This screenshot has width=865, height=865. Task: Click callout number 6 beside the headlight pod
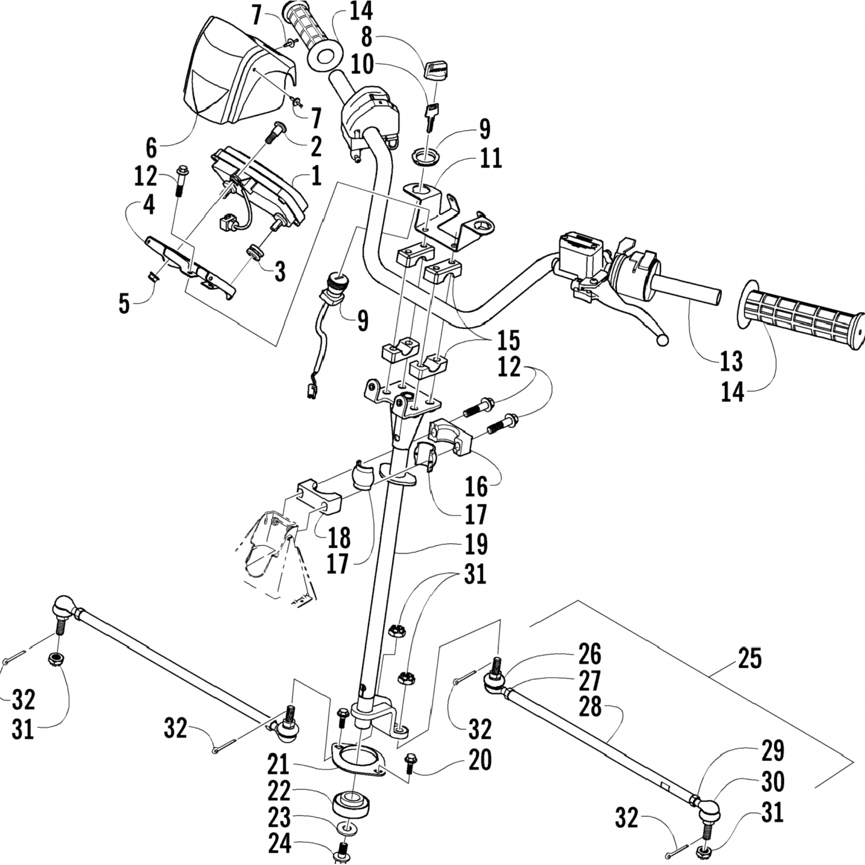(x=151, y=148)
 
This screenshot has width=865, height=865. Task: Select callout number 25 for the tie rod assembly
(x=749, y=658)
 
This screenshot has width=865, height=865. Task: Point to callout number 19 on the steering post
(x=476, y=544)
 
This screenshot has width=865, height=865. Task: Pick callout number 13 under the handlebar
(x=731, y=362)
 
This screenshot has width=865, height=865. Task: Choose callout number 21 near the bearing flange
(x=277, y=764)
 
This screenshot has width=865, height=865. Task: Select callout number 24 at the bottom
(x=280, y=845)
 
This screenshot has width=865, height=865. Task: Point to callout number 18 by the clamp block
(x=339, y=537)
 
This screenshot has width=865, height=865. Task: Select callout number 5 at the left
(x=124, y=304)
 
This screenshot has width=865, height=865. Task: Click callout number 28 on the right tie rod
(x=590, y=707)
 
